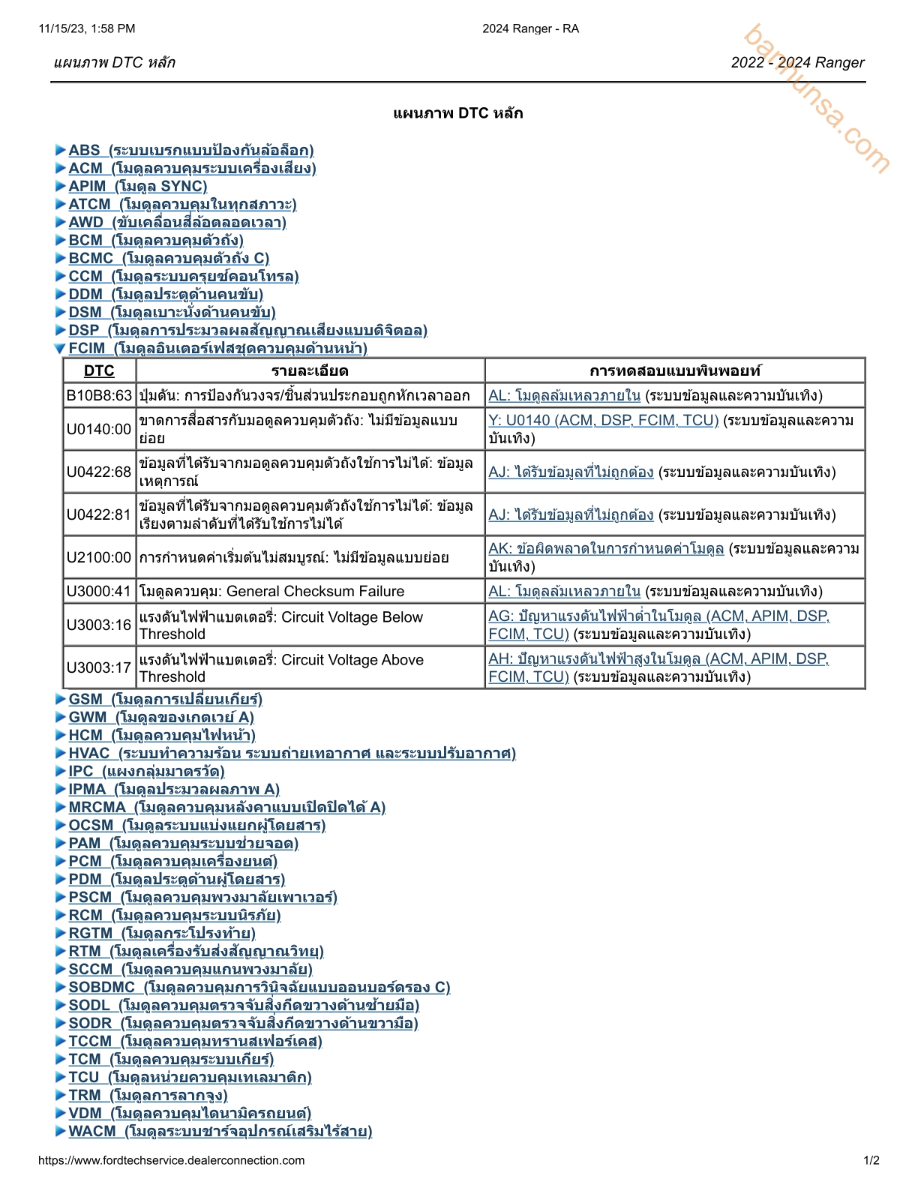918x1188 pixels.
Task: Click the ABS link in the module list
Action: click(190, 150)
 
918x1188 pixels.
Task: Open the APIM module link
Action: click(137, 186)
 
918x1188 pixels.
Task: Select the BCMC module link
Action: click(169, 258)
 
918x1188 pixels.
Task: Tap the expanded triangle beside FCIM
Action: click(60, 348)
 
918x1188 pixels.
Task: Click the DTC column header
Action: click(99, 370)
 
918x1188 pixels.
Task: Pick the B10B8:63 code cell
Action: click(99, 395)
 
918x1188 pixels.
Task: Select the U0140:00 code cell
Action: click(99, 429)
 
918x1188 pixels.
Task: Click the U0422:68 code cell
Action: click(99, 472)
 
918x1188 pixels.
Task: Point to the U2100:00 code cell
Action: click(99, 557)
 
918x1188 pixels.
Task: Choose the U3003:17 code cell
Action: click(99, 667)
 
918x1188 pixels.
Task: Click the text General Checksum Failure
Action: click(315, 591)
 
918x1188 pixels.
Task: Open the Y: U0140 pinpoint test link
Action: click(603, 420)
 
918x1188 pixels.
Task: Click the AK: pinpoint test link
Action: click(606, 548)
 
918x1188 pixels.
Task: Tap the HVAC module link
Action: click(292, 753)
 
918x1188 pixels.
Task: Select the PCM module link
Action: click(172, 861)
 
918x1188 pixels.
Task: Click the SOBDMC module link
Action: click(259, 987)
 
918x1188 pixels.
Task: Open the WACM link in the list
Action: click(220, 1131)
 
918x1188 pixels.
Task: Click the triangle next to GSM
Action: click(60, 699)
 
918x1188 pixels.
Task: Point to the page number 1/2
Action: click(871, 1160)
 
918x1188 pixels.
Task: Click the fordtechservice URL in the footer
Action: click(171, 1160)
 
